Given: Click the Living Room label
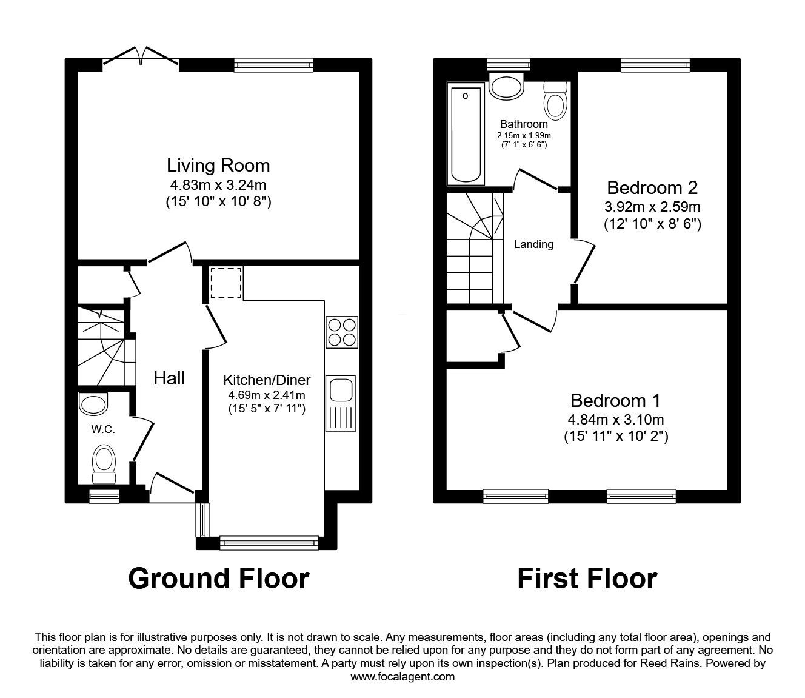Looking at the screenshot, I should (218, 165).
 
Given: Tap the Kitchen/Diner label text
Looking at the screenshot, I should (267, 380).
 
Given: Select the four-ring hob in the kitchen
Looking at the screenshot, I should (341, 332).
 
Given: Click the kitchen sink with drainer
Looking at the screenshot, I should (341, 403).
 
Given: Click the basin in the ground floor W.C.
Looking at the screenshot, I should (93, 403).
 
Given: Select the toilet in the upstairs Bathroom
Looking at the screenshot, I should (555, 101).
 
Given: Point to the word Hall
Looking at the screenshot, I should (169, 378).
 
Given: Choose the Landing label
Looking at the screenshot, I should (533, 244).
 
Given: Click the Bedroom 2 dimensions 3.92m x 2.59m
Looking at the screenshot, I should (652, 206).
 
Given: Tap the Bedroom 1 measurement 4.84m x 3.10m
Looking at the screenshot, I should (615, 419).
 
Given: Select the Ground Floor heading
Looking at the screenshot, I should (218, 578).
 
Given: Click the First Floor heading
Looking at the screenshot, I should (587, 578).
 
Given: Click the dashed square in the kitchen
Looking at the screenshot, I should (226, 283).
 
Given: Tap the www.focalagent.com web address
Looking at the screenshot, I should (402, 677).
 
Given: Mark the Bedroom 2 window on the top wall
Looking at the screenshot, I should (656, 64).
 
